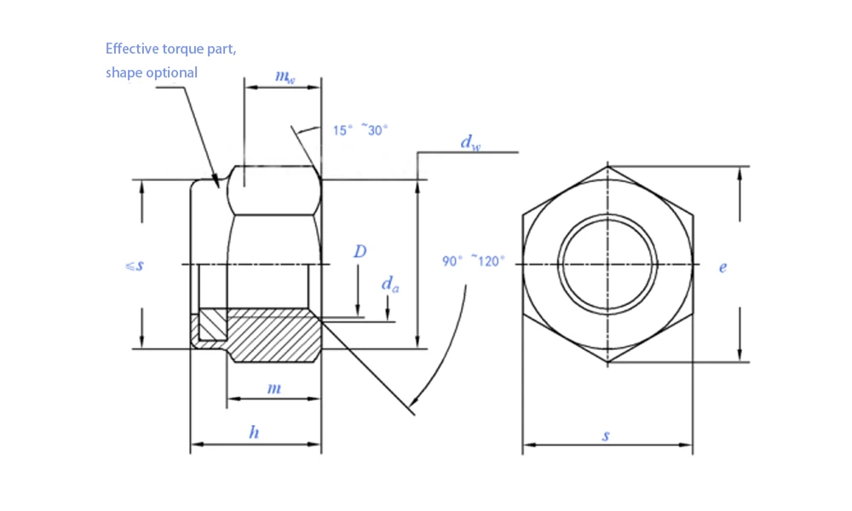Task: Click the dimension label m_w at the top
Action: (285, 77)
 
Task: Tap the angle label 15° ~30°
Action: (360, 130)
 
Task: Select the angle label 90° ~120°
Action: (473, 261)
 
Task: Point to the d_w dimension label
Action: (470, 142)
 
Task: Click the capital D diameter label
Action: (360, 251)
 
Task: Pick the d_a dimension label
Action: (389, 284)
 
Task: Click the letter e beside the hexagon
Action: (722, 267)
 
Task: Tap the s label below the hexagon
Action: (606, 435)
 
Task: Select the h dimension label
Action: (254, 433)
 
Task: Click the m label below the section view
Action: (273, 388)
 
